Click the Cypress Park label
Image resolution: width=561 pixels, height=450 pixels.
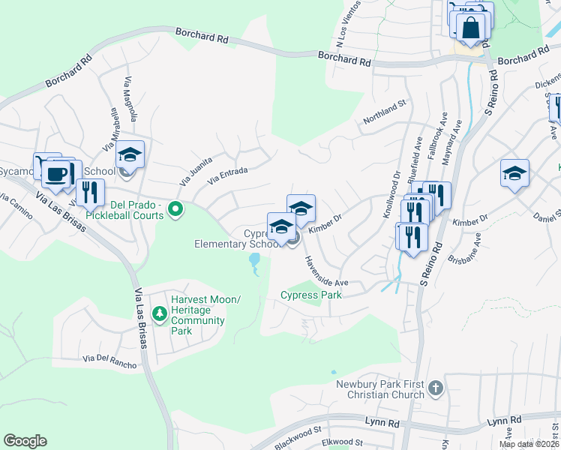click(310, 295)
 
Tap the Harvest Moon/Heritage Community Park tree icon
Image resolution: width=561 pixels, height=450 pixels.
click(158, 312)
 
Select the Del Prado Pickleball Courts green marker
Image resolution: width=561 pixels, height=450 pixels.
click(175, 208)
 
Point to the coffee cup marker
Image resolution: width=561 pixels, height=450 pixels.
click(55, 174)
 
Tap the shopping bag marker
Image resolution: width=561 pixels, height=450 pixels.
click(471, 28)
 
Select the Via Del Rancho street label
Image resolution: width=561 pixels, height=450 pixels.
click(110, 361)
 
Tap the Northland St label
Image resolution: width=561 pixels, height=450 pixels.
click(384, 112)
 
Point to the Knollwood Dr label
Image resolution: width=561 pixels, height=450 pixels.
click(391, 194)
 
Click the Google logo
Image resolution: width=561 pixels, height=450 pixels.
click(25, 441)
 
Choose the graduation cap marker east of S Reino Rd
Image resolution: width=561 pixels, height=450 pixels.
click(514, 173)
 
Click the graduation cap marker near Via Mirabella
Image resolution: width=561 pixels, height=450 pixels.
click(130, 155)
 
